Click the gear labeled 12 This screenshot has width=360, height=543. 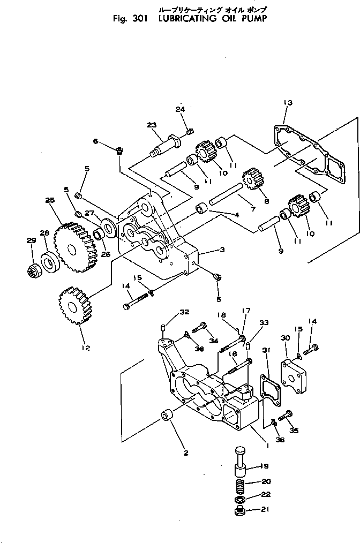tap(74, 306)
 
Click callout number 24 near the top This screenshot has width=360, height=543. tap(180, 109)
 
